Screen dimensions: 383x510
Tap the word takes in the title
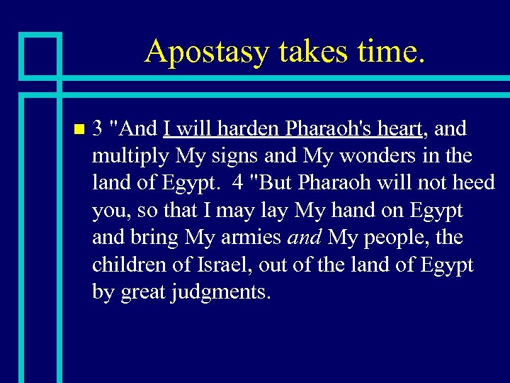click(x=305, y=52)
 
